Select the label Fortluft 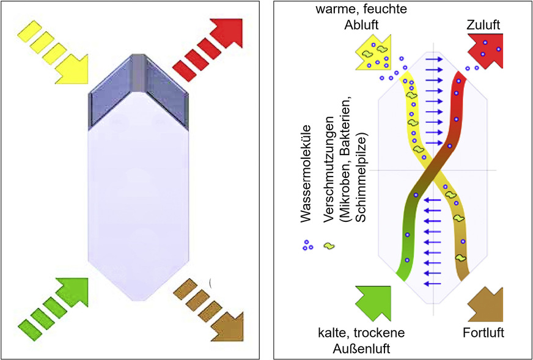482,334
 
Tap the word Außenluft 361,348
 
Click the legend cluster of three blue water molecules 307,245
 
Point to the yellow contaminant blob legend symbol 329,246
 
